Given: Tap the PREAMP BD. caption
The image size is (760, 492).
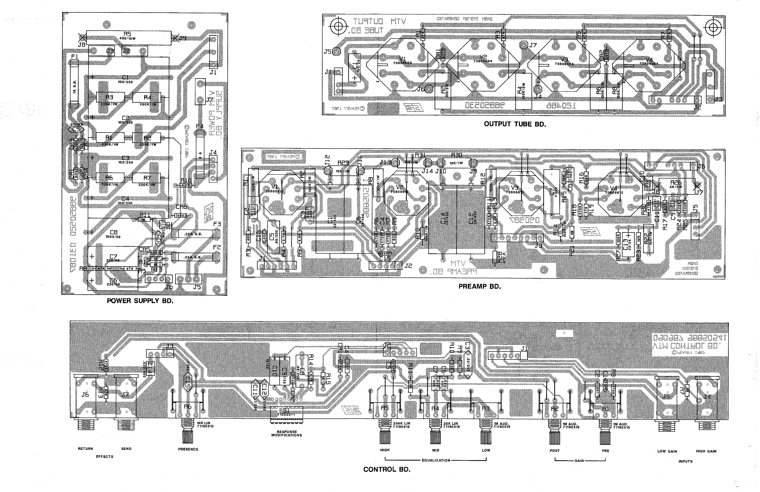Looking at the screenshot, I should (480, 287).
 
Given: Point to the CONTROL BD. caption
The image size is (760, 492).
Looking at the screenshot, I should (387, 469).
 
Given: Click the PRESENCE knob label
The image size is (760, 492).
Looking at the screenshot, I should (188, 449).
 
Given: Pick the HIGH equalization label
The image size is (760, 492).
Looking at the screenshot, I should (385, 450).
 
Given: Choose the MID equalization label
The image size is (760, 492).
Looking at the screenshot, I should (436, 450).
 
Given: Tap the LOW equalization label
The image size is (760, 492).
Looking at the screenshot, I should (486, 450).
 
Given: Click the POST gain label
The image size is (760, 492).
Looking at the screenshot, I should (555, 451).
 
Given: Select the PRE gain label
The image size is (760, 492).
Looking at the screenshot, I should (605, 451).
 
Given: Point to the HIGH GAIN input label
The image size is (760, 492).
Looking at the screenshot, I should (706, 451).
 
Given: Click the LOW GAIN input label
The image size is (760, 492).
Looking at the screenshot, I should (667, 451).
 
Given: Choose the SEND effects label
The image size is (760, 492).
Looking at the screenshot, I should (126, 449).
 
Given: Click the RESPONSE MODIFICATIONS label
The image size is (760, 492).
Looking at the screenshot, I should (286, 433).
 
